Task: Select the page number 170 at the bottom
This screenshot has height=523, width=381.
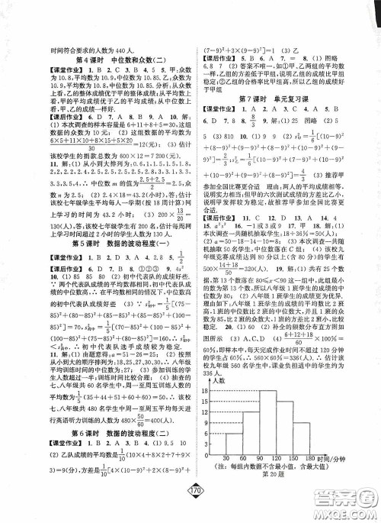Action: pos(190,507)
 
